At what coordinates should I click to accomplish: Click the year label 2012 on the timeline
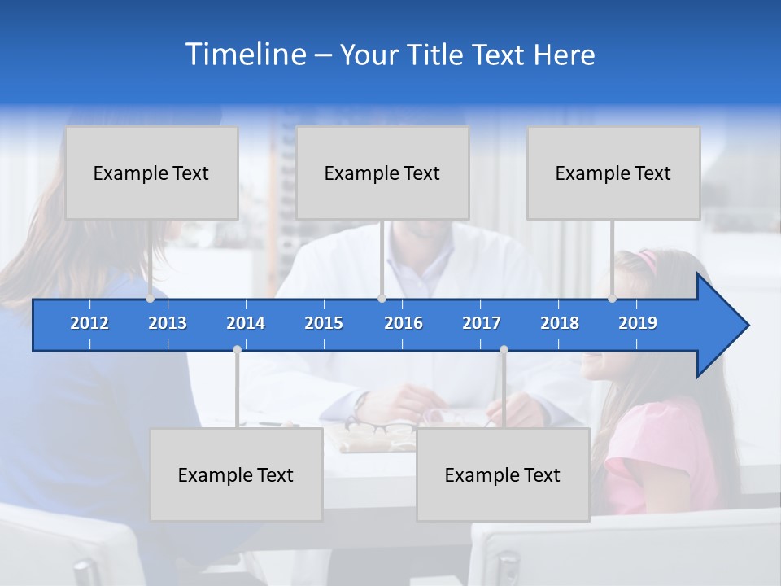[x=89, y=323]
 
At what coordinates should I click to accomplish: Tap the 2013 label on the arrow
[x=168, y=323]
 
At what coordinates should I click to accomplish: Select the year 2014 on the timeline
[x=246, y=323]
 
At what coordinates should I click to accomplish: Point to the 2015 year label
[x=324, y=323]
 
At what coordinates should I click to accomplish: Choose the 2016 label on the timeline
[x=404, y=323]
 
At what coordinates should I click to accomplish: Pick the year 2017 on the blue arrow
[x=482, y=323]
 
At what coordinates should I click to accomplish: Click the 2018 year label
[x=560, y=323]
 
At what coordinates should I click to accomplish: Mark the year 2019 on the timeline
[x=638, y=323]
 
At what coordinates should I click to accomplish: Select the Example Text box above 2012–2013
[x=151, y=173]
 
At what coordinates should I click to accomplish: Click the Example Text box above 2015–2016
[x=382, y=173]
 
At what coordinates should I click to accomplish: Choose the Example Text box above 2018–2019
[x=613, y=173]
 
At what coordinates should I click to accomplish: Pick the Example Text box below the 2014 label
[x=236, y=474]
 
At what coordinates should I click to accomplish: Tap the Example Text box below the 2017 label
[x=503, y=474]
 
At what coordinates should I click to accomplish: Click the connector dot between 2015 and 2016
[x=382, y=298]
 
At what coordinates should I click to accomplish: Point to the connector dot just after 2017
[x=504, y=350]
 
